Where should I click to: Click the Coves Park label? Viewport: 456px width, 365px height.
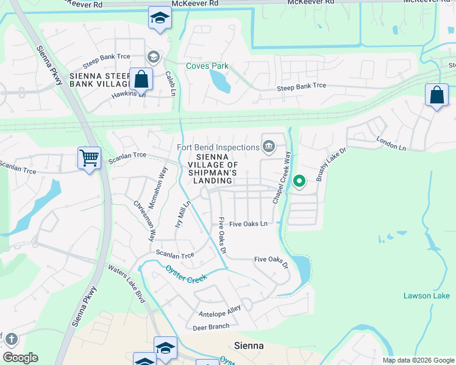pyautogui.click(x=207, y=66)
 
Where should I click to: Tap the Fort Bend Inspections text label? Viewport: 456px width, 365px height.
pyautogui.click(x=218, y=147)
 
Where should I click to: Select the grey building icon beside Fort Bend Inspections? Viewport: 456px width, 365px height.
pyautogui.click(x=268, y=145)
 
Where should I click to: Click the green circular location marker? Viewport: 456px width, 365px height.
pyautogui.click(x=299, y=181)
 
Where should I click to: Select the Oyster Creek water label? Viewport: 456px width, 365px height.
pyautogui.click(x=186, y=273)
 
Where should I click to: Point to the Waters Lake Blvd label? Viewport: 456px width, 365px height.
pyautogui.click(x=127, y=284)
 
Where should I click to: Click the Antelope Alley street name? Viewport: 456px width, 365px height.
pyautogui.click(x=220, y=311)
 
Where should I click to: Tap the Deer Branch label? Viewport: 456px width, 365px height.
pyautogui.click(x=211, y=327)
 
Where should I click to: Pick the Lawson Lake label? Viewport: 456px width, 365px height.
pyautogui.click(x=427, y=296)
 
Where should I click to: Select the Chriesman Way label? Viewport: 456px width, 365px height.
pyautogui.click(x=145, y=213)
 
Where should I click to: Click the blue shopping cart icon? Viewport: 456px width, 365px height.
pyautogui.click(x=90, y=158)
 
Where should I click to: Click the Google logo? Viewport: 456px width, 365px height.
pyautogui.click(x=20, y=358)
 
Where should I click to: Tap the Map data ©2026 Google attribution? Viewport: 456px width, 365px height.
pyautogui.click(x=418, y=360)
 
